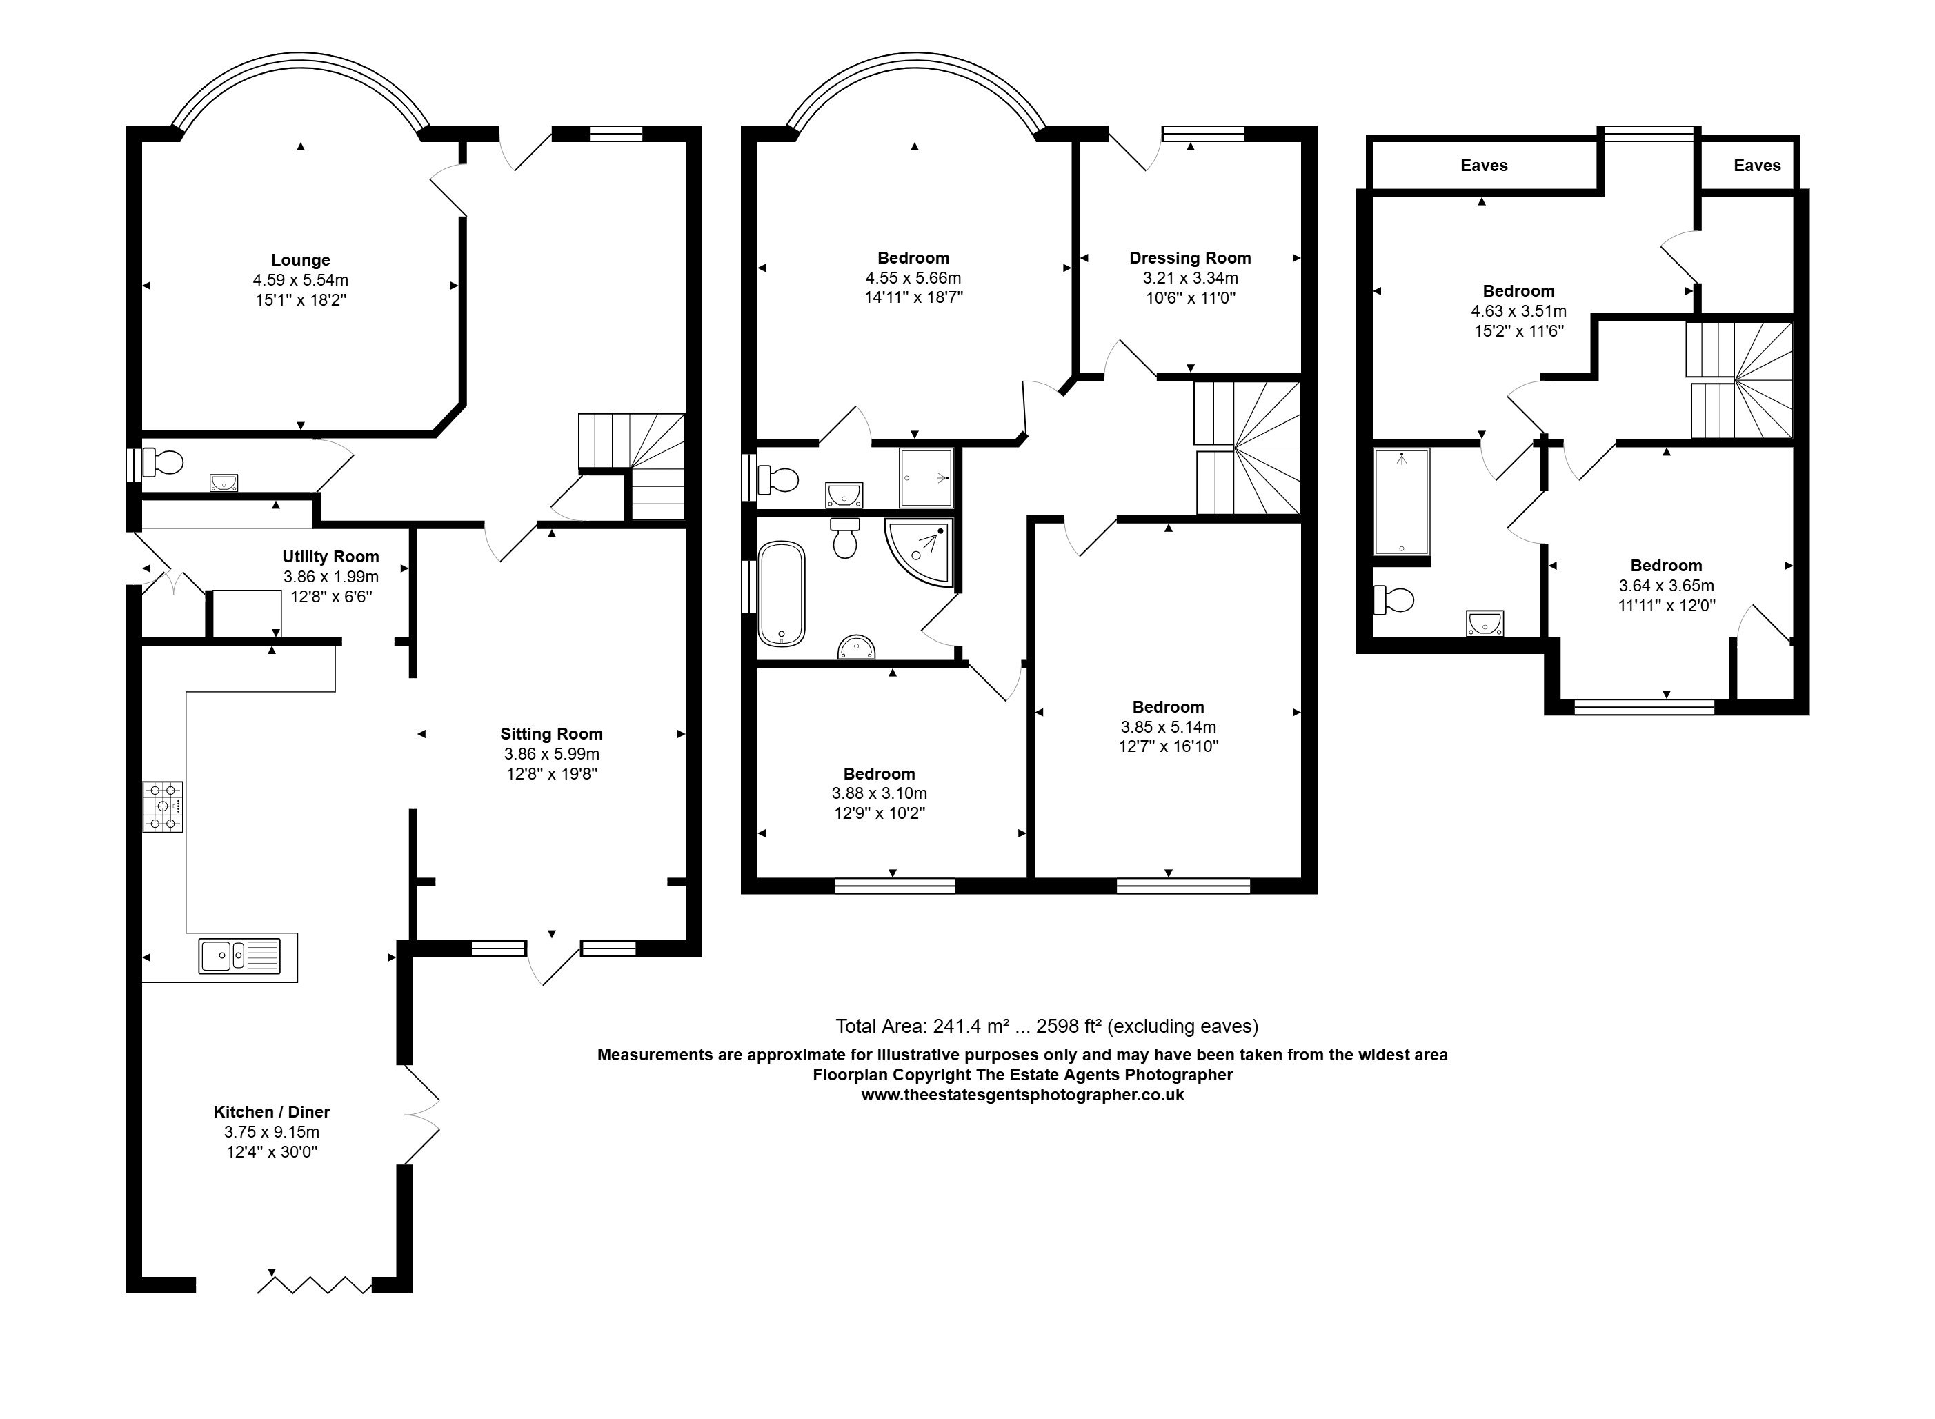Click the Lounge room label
tap(301, 260)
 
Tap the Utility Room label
tap(330, 557)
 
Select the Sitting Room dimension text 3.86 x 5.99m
tap(551, 754)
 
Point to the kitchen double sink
tap(239, 956)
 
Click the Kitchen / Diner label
tap(271, 1111)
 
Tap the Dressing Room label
tap(1189, 258)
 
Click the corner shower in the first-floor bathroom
tap(919, 553)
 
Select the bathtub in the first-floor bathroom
tap(782, 593)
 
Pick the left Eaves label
tap(1484, 166)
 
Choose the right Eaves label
tap(1757, 166)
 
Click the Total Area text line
tap(1047, 1026)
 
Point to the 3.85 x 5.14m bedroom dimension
tap(1168, 726)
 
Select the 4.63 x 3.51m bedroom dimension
tap(1518, 311)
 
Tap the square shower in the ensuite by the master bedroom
tap(926, 477)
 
